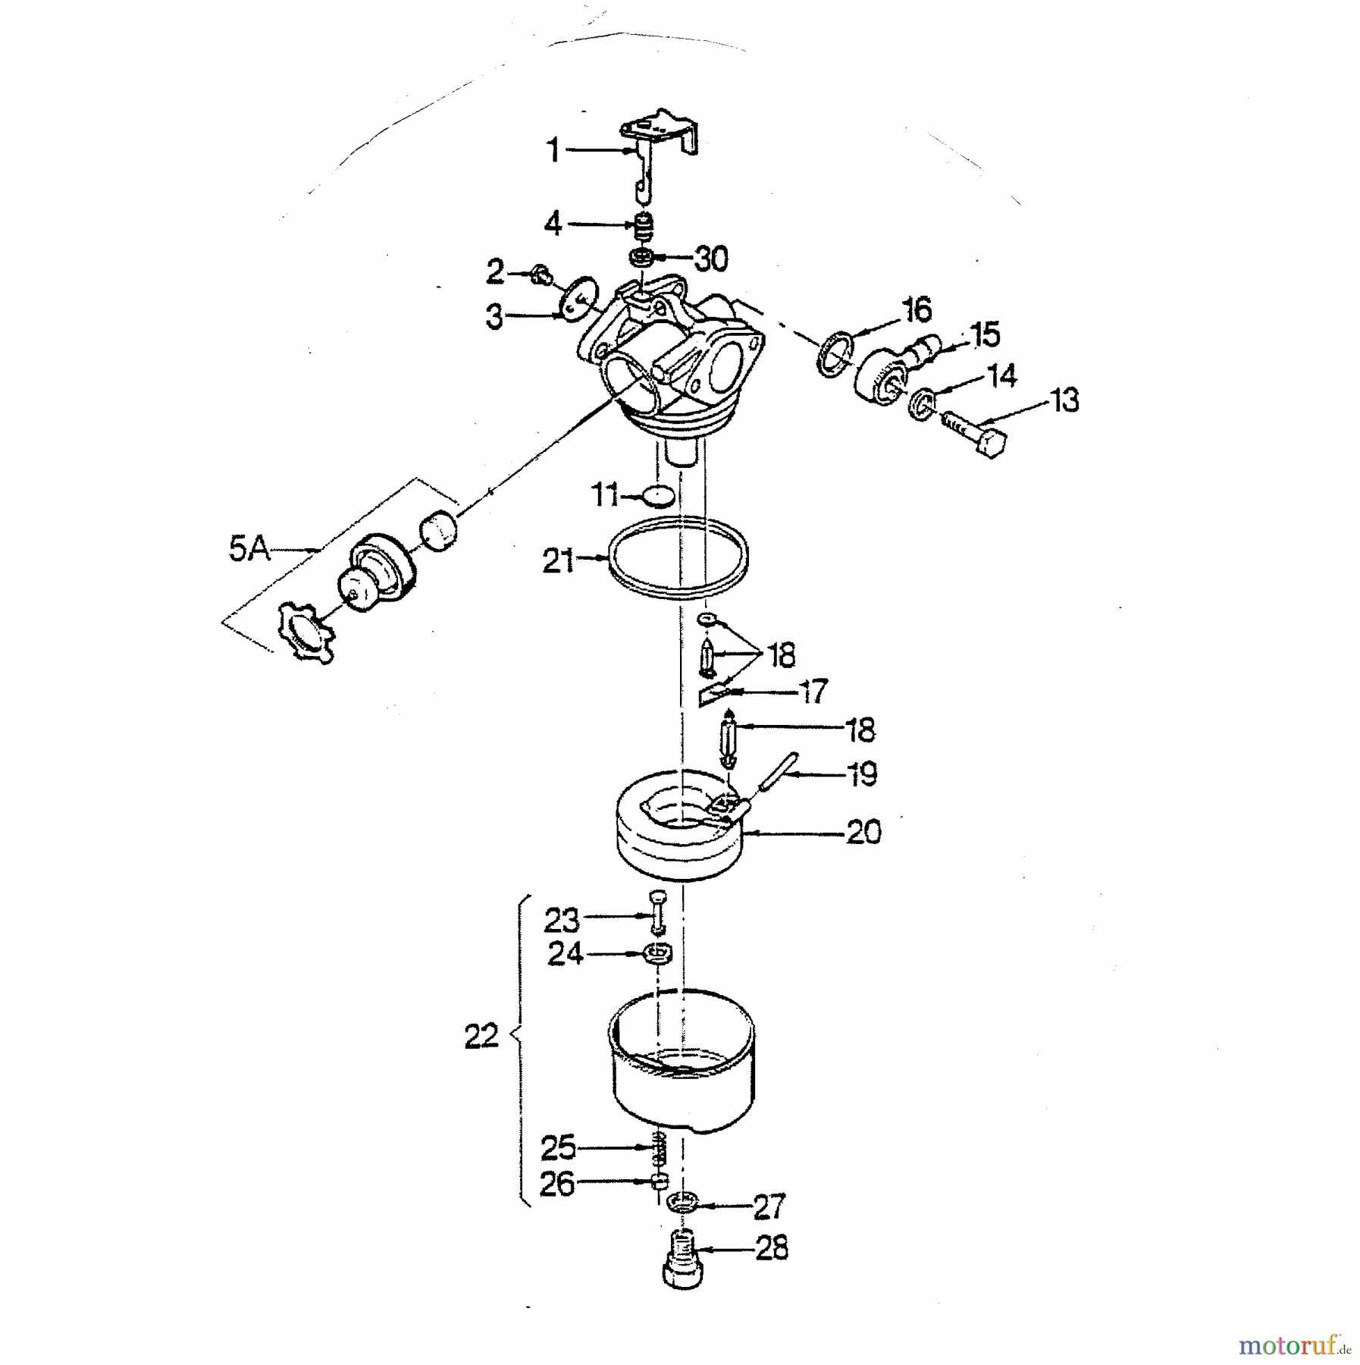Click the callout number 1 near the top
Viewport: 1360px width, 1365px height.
[x=553, y=150]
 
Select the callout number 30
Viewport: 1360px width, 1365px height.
[x=711, y=259]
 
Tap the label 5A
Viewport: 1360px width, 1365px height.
[x=249, y=549]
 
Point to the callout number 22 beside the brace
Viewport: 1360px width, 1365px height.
[x=481, y=1036]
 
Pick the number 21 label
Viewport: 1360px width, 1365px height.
[x=559, y=561]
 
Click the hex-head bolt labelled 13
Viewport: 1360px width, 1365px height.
[x=974, y=433]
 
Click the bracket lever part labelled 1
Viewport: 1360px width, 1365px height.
[x=658, y=156]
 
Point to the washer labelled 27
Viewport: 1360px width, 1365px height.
[x=683, y=1202]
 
